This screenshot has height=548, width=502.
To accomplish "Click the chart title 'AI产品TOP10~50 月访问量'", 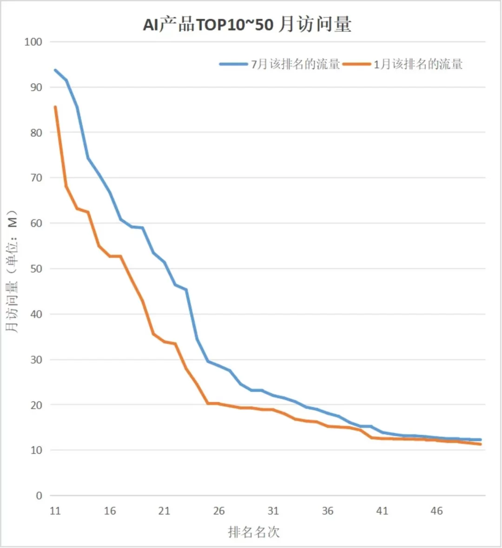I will point(247,24).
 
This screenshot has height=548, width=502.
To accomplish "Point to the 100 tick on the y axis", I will point(33,42).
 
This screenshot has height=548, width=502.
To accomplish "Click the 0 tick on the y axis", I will point(39,496).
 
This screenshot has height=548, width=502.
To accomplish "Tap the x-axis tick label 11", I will point(55,511).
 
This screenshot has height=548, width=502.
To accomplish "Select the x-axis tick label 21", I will point(164,511).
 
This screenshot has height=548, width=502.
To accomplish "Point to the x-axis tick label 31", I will point(273,511).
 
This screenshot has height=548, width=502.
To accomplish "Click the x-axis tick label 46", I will point(436,511).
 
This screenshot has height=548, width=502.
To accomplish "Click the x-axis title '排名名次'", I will point(254,532).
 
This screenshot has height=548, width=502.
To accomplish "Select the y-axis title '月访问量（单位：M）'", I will point(12,272).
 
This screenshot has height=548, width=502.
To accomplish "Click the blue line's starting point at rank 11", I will point(55,70).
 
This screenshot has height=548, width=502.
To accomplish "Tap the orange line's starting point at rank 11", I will point(55,107).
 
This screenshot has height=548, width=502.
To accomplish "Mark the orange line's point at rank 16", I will point(110,256).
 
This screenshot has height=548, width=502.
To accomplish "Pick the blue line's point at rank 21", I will point(164,262).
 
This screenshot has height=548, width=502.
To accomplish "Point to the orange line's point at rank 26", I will point(219,403).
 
